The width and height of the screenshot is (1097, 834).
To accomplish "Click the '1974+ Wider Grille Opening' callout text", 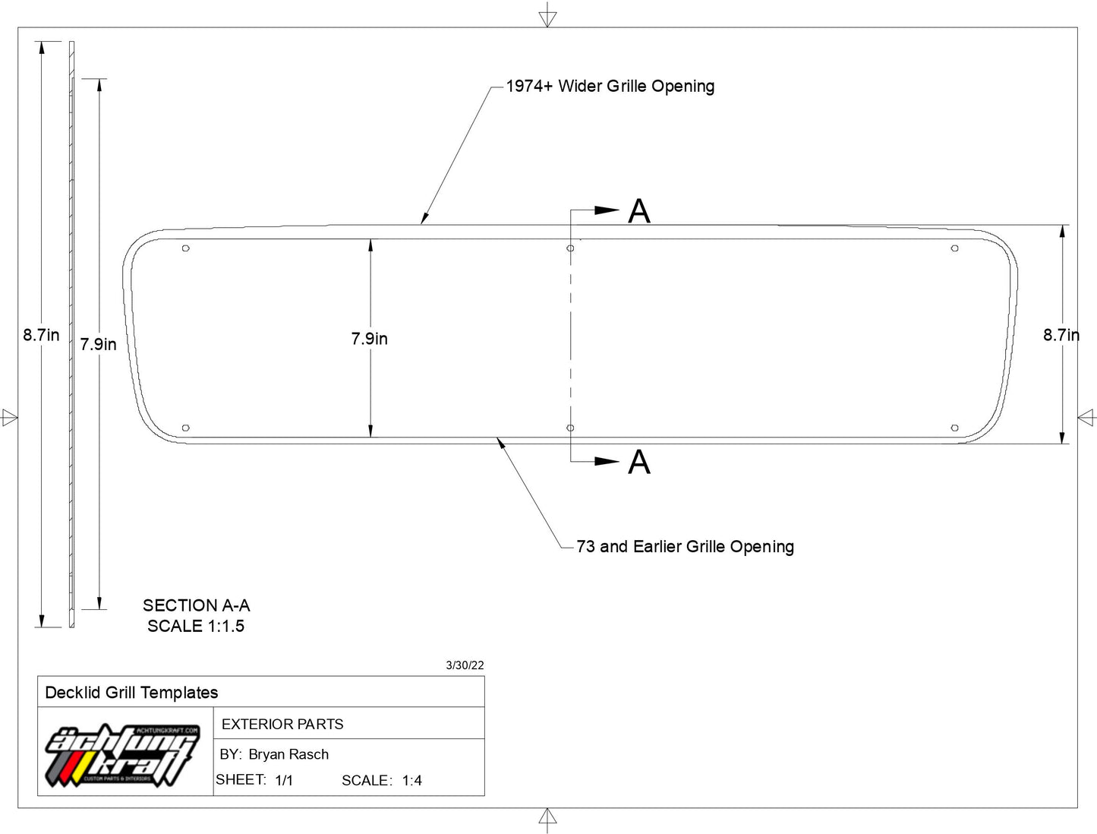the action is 610,86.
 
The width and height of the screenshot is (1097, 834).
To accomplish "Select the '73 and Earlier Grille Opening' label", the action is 686,546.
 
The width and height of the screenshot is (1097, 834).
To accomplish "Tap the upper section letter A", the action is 639,211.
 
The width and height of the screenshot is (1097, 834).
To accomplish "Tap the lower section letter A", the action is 639,462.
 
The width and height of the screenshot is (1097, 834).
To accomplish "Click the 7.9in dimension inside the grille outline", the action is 369,339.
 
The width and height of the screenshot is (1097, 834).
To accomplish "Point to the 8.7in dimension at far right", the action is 1061,334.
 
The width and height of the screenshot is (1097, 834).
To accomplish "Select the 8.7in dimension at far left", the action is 41,334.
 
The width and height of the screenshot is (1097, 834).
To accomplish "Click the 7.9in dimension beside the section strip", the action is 99,344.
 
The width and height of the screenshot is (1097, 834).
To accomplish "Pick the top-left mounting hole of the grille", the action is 185,248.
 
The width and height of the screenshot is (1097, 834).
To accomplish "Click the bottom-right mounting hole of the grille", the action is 954,428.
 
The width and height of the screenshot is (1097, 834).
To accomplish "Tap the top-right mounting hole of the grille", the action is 954,248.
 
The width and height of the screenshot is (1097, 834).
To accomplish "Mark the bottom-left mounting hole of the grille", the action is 185,428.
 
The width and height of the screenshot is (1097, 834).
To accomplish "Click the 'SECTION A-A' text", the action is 197,605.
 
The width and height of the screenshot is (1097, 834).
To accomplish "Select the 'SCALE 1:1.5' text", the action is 196,626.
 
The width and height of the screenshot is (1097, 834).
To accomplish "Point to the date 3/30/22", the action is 465,665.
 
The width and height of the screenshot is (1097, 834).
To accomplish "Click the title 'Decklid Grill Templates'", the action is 131,693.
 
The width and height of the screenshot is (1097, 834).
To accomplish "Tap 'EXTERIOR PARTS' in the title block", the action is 282,724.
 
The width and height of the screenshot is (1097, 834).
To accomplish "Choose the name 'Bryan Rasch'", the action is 288,754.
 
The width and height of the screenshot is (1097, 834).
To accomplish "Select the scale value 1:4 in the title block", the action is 411,781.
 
